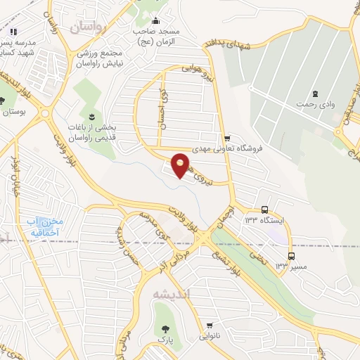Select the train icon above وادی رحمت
(316, 92)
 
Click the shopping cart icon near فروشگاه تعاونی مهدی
(226, 138)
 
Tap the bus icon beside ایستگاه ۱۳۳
(264, 210)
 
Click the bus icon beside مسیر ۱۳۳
(291, 255)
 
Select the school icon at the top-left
(13, 31)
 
